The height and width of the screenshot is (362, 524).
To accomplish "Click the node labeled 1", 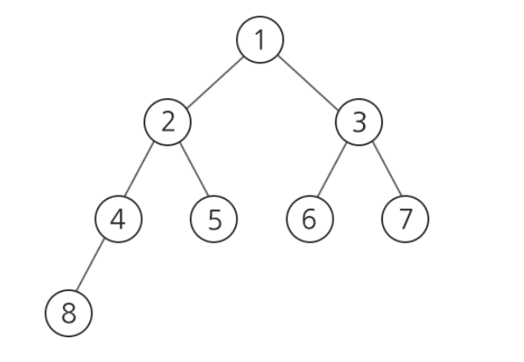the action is [260, 40].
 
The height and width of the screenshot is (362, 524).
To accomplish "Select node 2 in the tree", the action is [168, 122].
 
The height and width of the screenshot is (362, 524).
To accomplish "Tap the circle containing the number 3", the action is [359, 122].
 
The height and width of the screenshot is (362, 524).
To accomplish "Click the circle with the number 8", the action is [69, 313].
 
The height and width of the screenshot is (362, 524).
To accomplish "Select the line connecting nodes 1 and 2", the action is [214, 81].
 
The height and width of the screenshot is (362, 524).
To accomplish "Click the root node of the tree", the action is [260, 40].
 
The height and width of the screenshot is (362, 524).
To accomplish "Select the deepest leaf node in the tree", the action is [69, 313].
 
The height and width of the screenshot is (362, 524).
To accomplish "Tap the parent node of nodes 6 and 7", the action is [359, 122].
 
